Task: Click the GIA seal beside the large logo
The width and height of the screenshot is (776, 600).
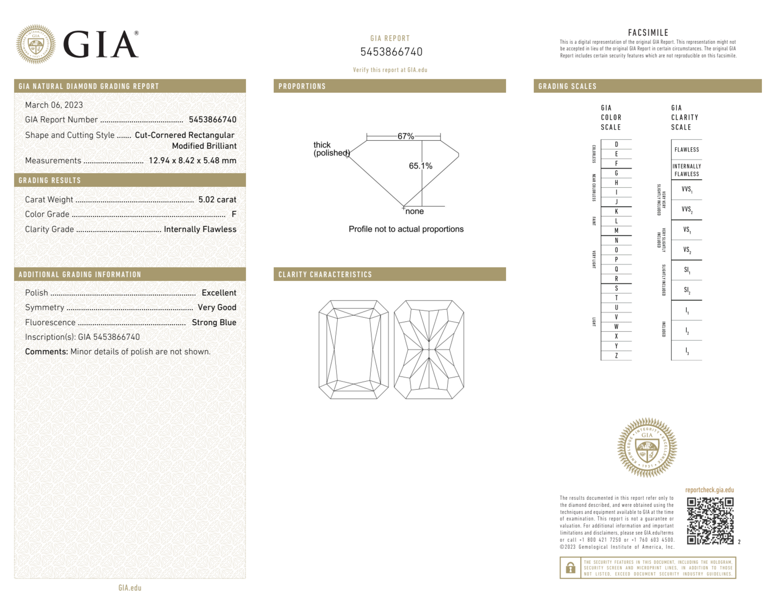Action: (x=36, y=44)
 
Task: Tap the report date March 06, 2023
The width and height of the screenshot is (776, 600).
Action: (x=54, y=105)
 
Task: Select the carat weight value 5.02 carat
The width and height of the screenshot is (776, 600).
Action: (x=217, y=199)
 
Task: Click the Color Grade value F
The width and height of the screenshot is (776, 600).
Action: (x=234, y=214)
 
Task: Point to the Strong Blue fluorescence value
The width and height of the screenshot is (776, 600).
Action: (x=214, y=322)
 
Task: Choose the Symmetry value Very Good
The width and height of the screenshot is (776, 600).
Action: (x=217, y=307)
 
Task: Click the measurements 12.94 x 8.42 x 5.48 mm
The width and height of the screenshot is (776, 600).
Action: (x=192, y=160)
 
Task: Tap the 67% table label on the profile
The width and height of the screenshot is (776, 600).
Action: (x=406, y=136)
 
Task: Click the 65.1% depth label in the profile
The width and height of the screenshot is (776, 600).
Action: (x=420, y=166)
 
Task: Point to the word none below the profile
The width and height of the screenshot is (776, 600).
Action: (x=415, y=211)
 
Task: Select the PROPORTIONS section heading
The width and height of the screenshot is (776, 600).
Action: (x=302, y=86)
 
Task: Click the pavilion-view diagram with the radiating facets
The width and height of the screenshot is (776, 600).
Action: (x=429, y=349)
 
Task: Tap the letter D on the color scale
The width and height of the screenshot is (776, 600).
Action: (x=616, y=144)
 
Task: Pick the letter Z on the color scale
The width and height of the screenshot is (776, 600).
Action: (x=616, y=355)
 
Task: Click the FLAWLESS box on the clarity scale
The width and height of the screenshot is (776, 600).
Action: (x=686, y=150)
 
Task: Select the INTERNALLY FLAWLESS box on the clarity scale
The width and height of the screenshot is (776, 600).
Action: (x=686, y=170)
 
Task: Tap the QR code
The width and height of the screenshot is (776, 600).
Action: (x=710, y=521)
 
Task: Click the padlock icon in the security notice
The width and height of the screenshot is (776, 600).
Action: (x=570, y=568)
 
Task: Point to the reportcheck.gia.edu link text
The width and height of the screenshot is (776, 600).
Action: (x=709, y=490)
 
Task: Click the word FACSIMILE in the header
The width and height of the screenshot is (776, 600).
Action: (x=648, y=33)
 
